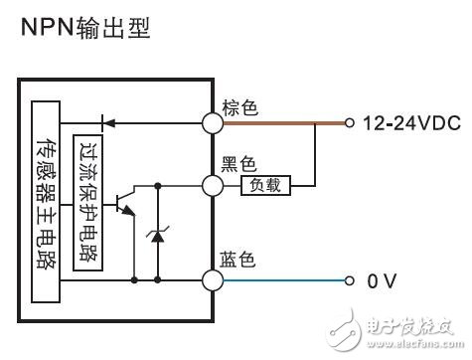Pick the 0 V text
pos(382,280)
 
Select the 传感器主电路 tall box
pos(46,199)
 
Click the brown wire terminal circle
pos(212,123)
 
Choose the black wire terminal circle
pos(212,184)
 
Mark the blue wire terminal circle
pos(212,280)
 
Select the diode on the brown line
pos(107,123)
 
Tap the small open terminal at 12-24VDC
pos(348,123)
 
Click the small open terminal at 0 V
pos(348,280)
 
